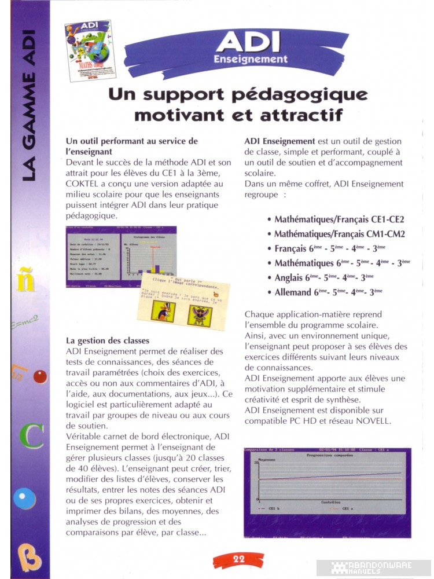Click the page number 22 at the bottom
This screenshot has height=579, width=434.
coord(238,559)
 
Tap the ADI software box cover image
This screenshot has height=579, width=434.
coord(87,50)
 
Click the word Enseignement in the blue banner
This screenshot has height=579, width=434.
coord(250,59)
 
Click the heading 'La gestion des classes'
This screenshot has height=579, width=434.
coord(108,340)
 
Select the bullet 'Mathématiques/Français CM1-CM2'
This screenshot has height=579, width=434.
coord(339,234)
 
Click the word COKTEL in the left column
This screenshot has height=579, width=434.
coord(84,184)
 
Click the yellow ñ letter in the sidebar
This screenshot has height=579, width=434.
coord(27,281)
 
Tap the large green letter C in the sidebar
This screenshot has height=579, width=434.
coord(32,436)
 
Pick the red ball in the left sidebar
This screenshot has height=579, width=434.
coord(40,377)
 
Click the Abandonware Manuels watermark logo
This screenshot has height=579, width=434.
coord(373,568)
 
